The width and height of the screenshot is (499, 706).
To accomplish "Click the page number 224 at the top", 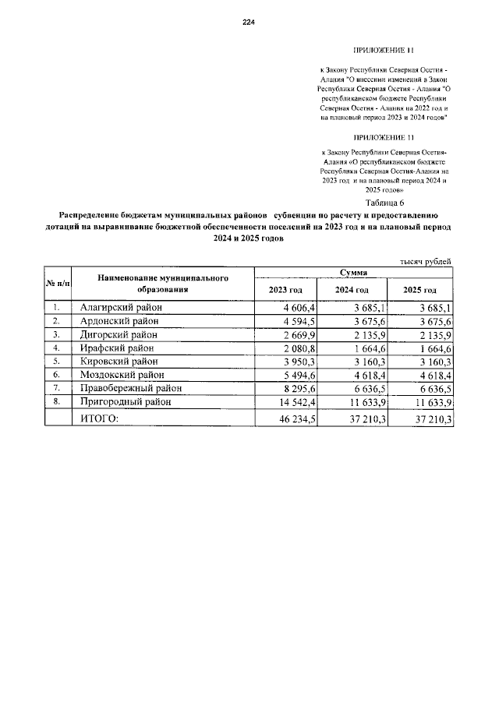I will (249, 22).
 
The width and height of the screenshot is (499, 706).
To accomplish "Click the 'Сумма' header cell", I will (353, 273).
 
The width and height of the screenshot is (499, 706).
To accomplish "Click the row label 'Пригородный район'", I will (126, 402).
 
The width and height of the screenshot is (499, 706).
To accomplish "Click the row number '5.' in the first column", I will (56, 362).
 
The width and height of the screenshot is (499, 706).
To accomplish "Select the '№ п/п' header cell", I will (57, 282).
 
